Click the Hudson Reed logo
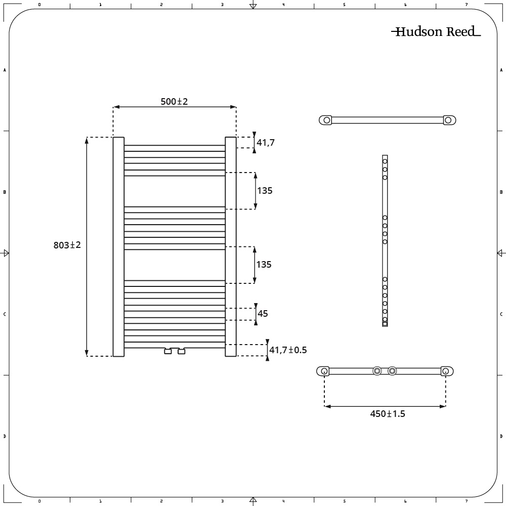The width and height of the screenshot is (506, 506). [x=436, y=32]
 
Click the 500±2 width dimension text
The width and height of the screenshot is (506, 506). [x=174, y=101]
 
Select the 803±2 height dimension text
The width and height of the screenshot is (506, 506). [x=67, y=245]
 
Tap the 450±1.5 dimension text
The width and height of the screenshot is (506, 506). [x=388, y=414]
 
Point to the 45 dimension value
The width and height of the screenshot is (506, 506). [x=263, y=314]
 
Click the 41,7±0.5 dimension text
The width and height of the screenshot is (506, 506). [x=288, y=350]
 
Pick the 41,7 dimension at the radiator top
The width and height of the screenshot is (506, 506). [x=265, y=143]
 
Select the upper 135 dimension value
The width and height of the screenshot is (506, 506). [x=265, y=191]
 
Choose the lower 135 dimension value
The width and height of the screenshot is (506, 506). [x=264, y=265]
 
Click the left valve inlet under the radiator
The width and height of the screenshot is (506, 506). [x=168, y=351]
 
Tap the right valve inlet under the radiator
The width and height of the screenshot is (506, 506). [x=181, y=351]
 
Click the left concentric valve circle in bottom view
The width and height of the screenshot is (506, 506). [x=377, y=371]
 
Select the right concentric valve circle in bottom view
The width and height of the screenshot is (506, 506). [x=392, y=371]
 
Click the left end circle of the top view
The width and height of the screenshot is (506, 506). [x=327, y=120]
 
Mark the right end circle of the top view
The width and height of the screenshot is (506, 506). [x=448, y=120]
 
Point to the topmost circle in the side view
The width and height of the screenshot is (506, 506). [x=385, y=161]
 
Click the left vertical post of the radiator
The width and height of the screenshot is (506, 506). [x=118, y=247]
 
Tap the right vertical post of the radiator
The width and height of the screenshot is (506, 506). [x=230, y=247]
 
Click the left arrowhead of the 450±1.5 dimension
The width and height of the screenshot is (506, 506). [x=327, y=406]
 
